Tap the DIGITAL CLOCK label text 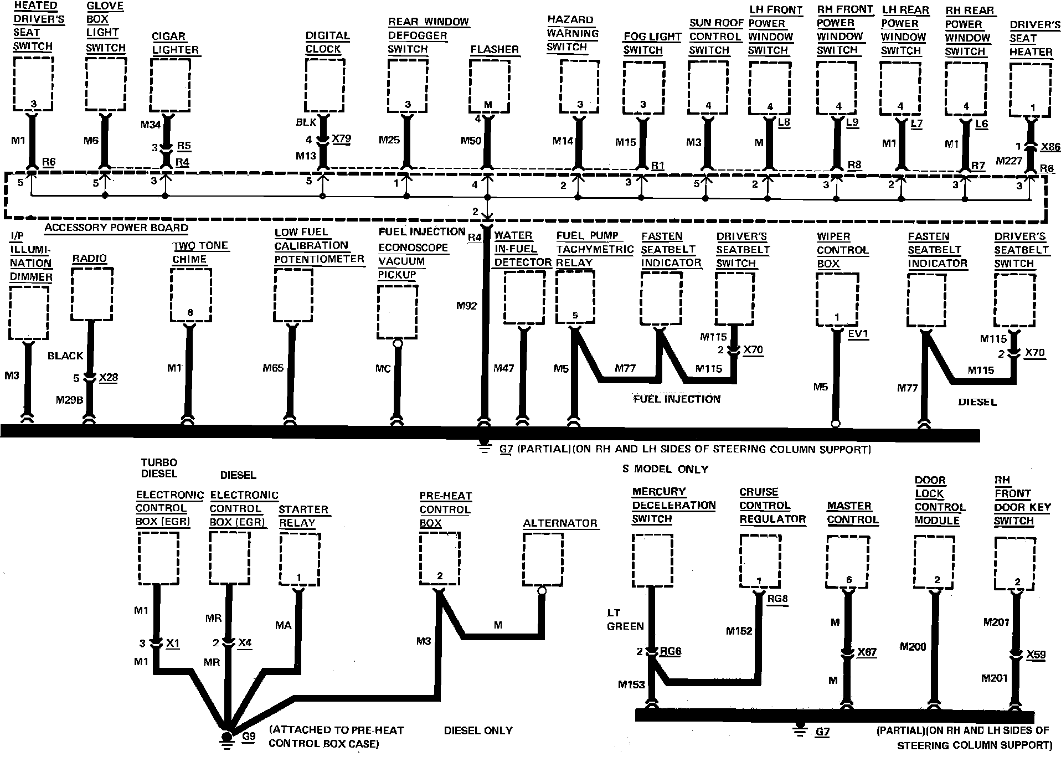pos(327,42)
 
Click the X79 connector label pos(341,138)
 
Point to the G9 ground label pos(249,737)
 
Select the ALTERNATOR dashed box pos(543,560)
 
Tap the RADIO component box pos(92,294)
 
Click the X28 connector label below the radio pos(109,377)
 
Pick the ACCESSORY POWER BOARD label pos(116,228)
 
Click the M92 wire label pos(466,305)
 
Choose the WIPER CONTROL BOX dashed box pos(837,300)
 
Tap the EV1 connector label pos(858,334)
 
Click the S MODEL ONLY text pos(665,469)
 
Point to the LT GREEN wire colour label pos(625,620)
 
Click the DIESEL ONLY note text pos(478,730)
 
